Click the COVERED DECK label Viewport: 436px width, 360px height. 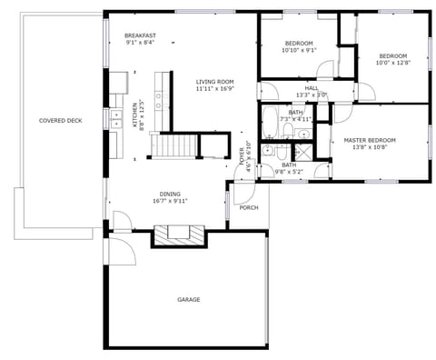(x=60, y=120)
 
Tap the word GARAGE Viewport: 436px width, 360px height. (x=188, y=299)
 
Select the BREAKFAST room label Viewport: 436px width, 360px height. (x=140, y=35)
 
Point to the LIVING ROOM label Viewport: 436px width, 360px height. (x=215, y=83)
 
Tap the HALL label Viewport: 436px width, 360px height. (x=311, y=88)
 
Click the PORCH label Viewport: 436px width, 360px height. (x=248, y=207)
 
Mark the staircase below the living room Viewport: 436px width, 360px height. (x=173, y=145)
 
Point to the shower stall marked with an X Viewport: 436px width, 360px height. (x=302, y=150)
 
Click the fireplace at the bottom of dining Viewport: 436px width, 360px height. (x=179, y=235)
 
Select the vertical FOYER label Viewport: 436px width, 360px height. (x=242, y=155)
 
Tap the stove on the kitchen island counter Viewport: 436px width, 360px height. (x=161, y=96)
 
